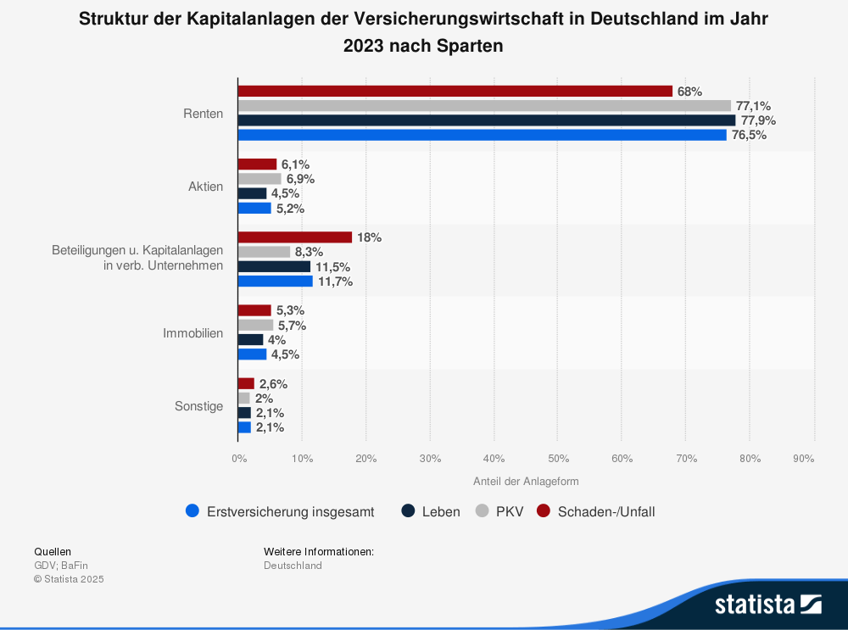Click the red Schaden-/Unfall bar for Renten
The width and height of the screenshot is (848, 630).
point(455,91)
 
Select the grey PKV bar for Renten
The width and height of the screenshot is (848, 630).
point(483,106)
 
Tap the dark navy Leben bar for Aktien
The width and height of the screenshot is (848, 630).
point(252,193)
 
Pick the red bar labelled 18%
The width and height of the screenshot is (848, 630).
point(294,237)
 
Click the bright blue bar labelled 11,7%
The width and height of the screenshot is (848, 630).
point(275,282)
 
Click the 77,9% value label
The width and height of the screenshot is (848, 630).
point(758,120)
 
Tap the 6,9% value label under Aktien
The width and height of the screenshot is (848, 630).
point(300,179)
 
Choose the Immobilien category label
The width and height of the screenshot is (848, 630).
point(193,333)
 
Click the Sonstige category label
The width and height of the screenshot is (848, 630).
point(199,406)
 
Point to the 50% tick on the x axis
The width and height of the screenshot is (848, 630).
point(557,459)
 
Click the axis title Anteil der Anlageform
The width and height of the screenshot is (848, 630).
point(526,482)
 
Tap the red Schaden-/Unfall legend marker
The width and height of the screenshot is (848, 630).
point(544,511)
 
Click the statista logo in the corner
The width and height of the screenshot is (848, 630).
point(767,604)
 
